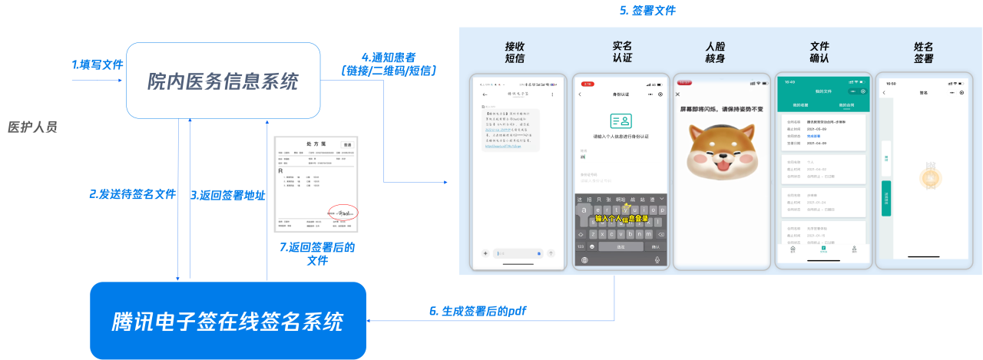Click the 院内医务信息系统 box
(223, 81)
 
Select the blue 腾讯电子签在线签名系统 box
(228, 321)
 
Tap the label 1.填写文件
(98, 65)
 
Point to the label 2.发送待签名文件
(133, 194)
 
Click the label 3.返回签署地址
(228, 195)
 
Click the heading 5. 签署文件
(647, 11)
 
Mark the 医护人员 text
(32, 127)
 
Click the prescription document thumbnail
(316, 185)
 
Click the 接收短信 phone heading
(515, 52)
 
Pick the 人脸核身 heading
(714, 52)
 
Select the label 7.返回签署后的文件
(317, 254)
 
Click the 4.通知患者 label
(389, 64)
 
